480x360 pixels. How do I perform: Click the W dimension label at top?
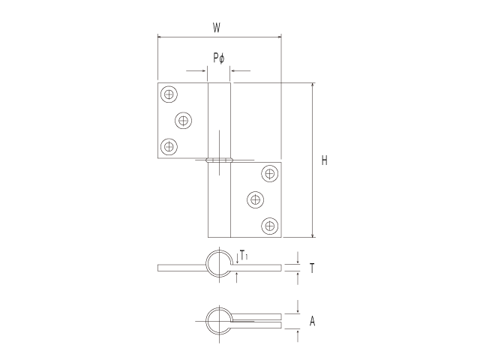217,28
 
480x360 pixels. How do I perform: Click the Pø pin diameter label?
218,58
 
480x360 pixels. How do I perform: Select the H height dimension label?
324,160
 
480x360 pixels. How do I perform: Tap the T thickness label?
311,267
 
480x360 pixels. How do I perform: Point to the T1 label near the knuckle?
244,256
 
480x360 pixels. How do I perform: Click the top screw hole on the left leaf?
169,94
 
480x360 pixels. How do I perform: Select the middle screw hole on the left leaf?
183,120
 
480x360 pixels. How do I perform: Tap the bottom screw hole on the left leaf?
169,145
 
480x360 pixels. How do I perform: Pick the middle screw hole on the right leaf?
256,199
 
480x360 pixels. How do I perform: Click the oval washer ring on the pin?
219,159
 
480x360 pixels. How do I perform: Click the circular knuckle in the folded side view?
219,320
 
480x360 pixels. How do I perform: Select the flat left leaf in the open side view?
180,268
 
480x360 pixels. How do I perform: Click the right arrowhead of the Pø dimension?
233,72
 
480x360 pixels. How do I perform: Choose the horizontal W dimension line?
187,36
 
